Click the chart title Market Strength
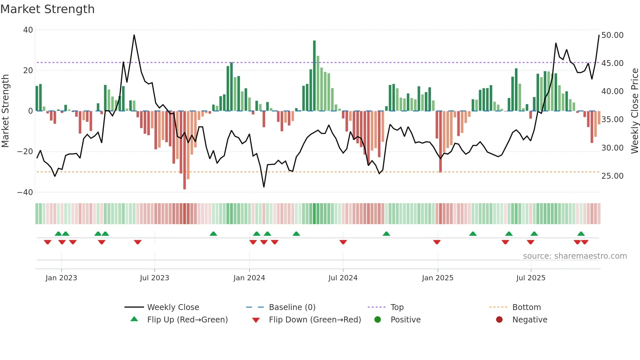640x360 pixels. [x=47, y=9]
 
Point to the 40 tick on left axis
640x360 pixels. [x=28, y=30]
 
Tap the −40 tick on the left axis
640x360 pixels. [x=25, y=192]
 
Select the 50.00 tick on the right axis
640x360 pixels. [x=612, y=35]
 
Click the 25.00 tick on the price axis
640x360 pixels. [x=612, y=176]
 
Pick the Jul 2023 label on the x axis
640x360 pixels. [x=154, y=278]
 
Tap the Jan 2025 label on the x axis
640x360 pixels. [x=437, y=278]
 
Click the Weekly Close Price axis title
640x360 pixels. [x=634, y=111]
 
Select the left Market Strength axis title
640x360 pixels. [x=6, y=111]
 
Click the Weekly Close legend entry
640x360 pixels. [x=173, y=307]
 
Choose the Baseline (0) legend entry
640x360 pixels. [x=292, y=307]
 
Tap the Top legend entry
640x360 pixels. [x=397, y=307]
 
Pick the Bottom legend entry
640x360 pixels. [x=526, y=307]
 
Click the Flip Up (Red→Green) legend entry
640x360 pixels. [x=187, y=320]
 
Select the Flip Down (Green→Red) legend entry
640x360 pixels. [x=315, y=320]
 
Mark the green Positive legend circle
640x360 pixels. [x=378, y=320]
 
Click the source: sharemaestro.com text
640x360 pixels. [x=575, y=256]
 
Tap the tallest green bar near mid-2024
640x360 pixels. [x=314, y=75]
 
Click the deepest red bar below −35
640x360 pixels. [x=184, y=150]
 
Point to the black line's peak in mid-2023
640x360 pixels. [x=134, y=35]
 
